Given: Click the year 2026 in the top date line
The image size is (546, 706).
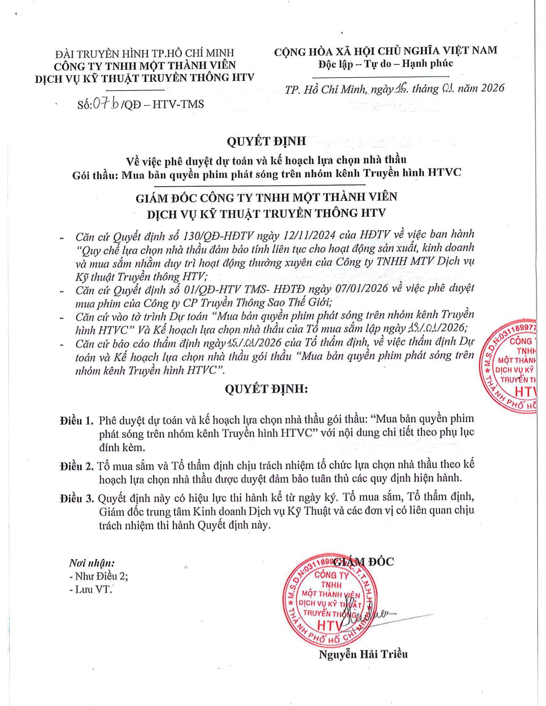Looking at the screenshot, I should [x=492, y=88].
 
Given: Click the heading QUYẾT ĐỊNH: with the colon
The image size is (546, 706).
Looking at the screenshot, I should [x=266, y=390].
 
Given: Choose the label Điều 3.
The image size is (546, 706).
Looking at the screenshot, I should [x=76, y=498].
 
